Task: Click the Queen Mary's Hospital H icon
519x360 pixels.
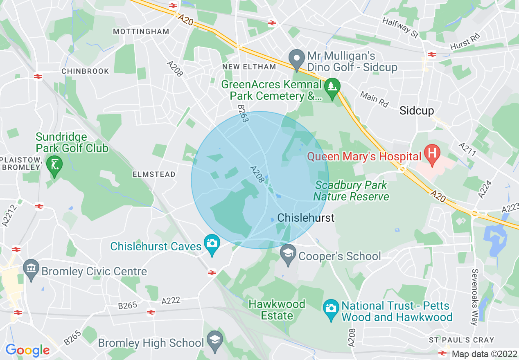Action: (x=431, y=154)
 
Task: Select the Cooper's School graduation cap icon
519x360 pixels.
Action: (x=289, y=254)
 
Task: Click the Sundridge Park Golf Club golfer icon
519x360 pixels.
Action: (x=54, y=165)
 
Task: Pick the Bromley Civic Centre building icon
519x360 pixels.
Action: (x=31, y=269)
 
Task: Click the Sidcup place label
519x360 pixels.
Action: (x=417, y=110)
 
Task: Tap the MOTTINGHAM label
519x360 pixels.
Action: (x=141, y=32)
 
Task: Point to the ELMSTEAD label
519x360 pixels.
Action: (x=154, y=174)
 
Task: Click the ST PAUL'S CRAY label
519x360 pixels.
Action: (x=461, y=340)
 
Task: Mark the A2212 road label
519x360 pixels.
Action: (x=7, y=216)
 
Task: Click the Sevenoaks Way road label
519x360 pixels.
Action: (x=475, y=297)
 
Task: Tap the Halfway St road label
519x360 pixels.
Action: (x=400, y=27)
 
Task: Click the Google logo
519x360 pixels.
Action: (x=27, y=350)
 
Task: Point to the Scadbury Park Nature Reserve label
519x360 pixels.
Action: (x=351, y=191)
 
